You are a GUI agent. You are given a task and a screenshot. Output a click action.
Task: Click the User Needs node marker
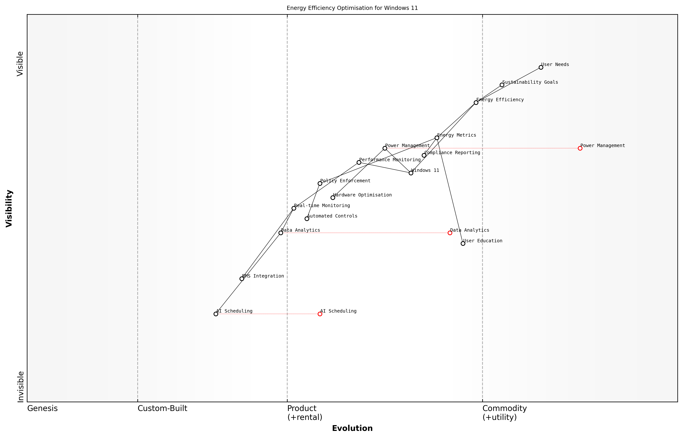coord(541,67)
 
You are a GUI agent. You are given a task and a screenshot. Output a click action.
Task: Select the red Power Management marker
coord(580,148)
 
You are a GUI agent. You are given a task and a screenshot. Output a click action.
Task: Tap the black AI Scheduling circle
coord(216,314)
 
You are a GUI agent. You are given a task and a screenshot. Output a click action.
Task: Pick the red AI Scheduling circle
coord(320,314)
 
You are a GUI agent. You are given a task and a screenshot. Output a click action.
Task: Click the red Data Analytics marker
coord(450,233)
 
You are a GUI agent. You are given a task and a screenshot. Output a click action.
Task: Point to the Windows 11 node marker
coord(411,173)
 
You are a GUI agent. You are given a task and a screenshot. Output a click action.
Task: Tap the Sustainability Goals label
coord(530,82)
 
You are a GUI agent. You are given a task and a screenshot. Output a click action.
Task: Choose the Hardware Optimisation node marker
coord(333,198)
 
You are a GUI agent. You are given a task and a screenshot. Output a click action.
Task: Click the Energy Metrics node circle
coord(437,138)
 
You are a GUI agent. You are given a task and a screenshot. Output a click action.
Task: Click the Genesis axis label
coord(42,408)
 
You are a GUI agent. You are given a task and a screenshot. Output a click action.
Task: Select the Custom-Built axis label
coord(162,408)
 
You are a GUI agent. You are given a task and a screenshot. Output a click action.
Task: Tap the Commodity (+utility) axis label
coord(504,413)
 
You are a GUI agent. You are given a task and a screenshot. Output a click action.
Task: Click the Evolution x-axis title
coord(352,428)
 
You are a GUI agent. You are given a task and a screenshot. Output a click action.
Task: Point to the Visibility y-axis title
coord(9,209)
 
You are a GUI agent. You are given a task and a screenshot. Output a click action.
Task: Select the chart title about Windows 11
coord(352,8)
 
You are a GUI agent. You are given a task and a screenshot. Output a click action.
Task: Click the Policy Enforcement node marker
coord(320,183)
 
